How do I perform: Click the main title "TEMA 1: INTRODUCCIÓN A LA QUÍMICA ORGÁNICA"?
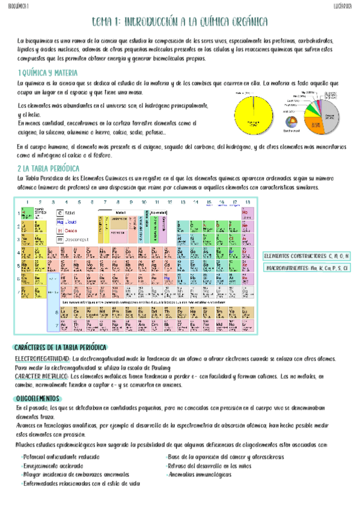point(180,22)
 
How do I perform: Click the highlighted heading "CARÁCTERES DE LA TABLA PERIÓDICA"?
point(61,348)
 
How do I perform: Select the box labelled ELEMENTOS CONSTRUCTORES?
point(306,256)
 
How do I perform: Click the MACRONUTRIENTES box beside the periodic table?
point(307,268)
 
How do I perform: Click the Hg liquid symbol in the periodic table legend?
point(60,221)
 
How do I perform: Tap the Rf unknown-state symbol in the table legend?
point(60,239)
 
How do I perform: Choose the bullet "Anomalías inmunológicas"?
point(198,475)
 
